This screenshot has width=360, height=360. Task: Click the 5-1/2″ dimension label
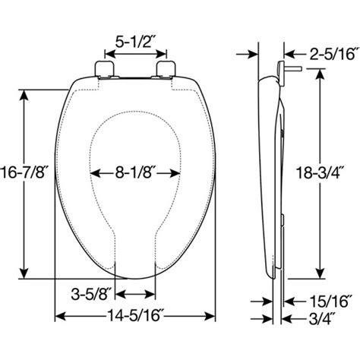135,42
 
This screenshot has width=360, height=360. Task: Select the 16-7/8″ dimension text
24,172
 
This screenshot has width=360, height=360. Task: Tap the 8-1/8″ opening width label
135,173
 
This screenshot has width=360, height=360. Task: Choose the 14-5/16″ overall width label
135,316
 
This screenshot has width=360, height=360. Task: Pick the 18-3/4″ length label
320,173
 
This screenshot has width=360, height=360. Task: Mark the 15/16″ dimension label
328,302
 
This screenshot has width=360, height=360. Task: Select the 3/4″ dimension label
321,318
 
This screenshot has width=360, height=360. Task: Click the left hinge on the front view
104,69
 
